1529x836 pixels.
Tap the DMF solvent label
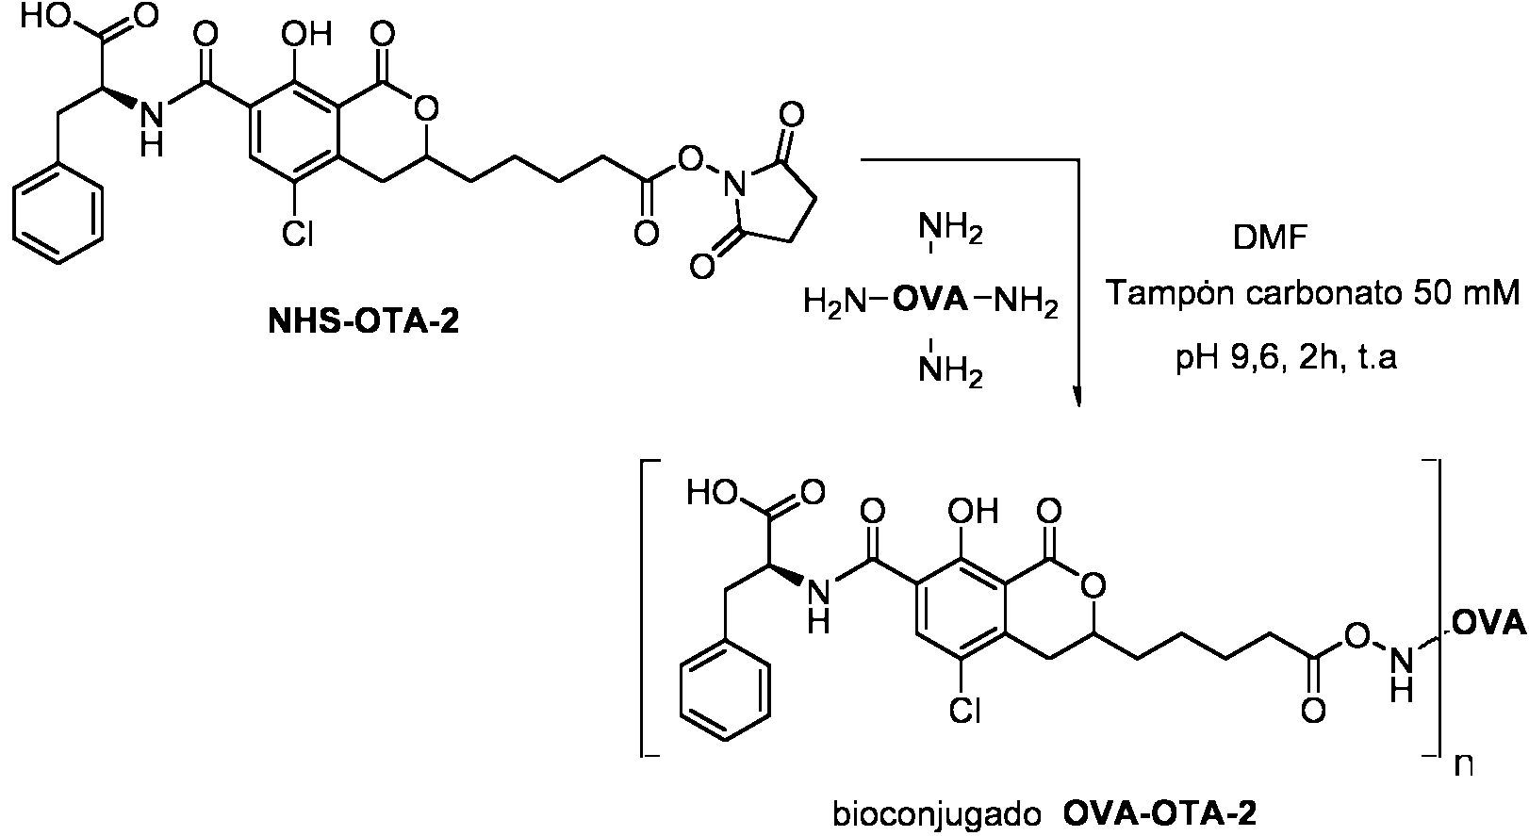tap(1271, 238)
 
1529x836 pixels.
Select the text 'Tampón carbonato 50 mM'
tap(1313, 293)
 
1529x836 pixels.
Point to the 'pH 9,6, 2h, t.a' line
tap(1286, 357)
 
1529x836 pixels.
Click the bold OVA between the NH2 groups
tap(929, 300)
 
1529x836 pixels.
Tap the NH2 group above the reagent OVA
tap(951, 229)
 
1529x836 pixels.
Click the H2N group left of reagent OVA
tap(835, 301)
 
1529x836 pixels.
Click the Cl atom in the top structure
tap(298, 235)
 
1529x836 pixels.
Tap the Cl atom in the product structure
tap(964, 711)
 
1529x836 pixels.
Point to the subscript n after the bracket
tap(1463, 765)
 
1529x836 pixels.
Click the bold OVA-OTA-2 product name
tap(1159, 814)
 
